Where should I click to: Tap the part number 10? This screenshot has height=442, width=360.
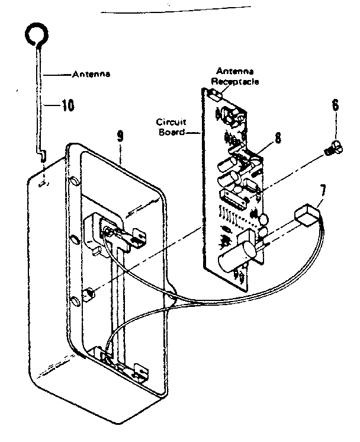67,106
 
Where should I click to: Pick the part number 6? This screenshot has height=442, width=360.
335,107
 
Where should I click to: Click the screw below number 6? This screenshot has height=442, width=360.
333,148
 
